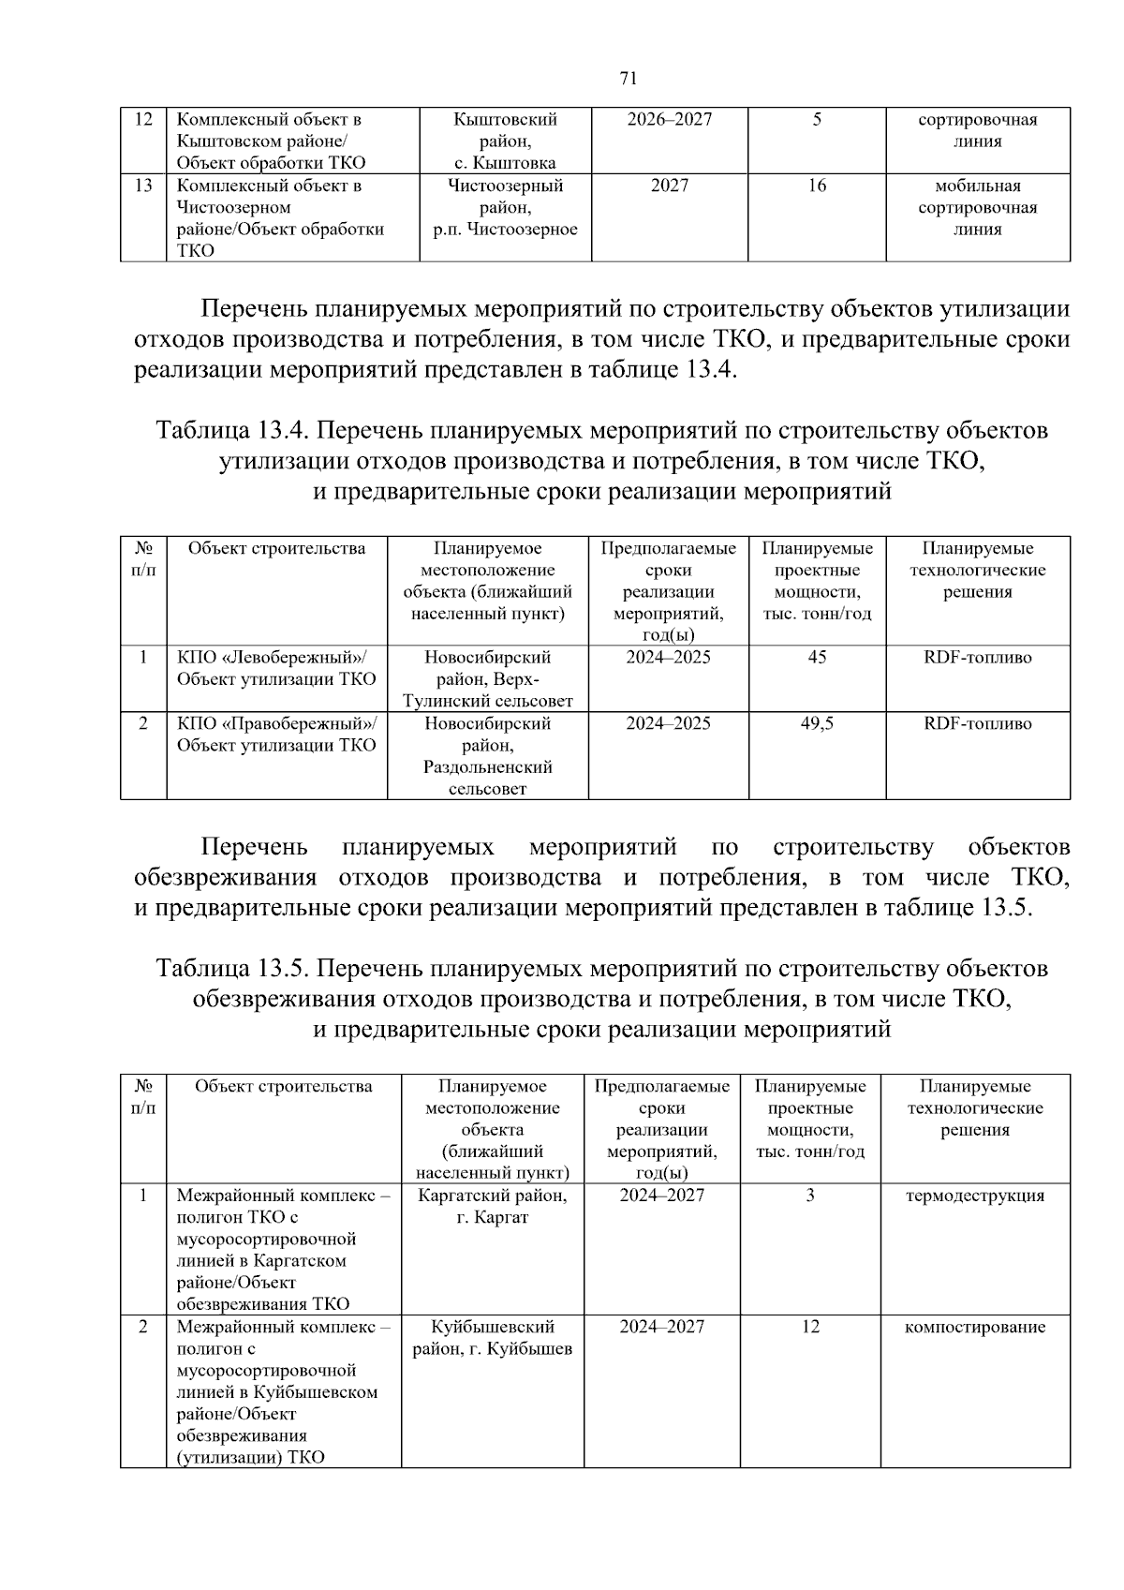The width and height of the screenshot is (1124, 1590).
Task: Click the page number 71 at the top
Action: [629, 78]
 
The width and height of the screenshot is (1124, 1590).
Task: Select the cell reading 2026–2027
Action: [669, 120]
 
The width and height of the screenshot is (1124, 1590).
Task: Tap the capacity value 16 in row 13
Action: [817, 186]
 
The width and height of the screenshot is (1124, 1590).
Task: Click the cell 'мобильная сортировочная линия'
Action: [977, 207]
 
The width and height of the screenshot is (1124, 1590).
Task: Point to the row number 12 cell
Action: [143, 120]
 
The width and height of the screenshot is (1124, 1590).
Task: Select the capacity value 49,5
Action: [817, 723]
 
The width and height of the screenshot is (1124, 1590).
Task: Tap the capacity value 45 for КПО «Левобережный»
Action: [817, 658]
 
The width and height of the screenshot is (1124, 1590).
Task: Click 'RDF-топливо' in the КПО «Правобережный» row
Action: [977, 723]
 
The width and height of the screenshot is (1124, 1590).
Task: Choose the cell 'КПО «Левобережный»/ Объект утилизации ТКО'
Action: [276, 668]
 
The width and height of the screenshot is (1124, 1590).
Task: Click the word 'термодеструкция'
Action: [974, 1196]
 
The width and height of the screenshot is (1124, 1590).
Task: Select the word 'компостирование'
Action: [974, 1327]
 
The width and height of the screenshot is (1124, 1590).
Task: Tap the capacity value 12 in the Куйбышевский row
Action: [810, 1327]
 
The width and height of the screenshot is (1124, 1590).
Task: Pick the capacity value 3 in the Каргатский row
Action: [810, 1196]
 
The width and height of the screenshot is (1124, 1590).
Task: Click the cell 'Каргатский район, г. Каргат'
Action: [493, 1207]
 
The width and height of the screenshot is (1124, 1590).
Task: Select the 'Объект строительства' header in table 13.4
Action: [276, 549]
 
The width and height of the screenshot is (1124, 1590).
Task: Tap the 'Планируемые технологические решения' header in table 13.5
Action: [974, 1108]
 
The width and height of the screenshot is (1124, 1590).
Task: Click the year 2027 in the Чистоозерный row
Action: [669, 186]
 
